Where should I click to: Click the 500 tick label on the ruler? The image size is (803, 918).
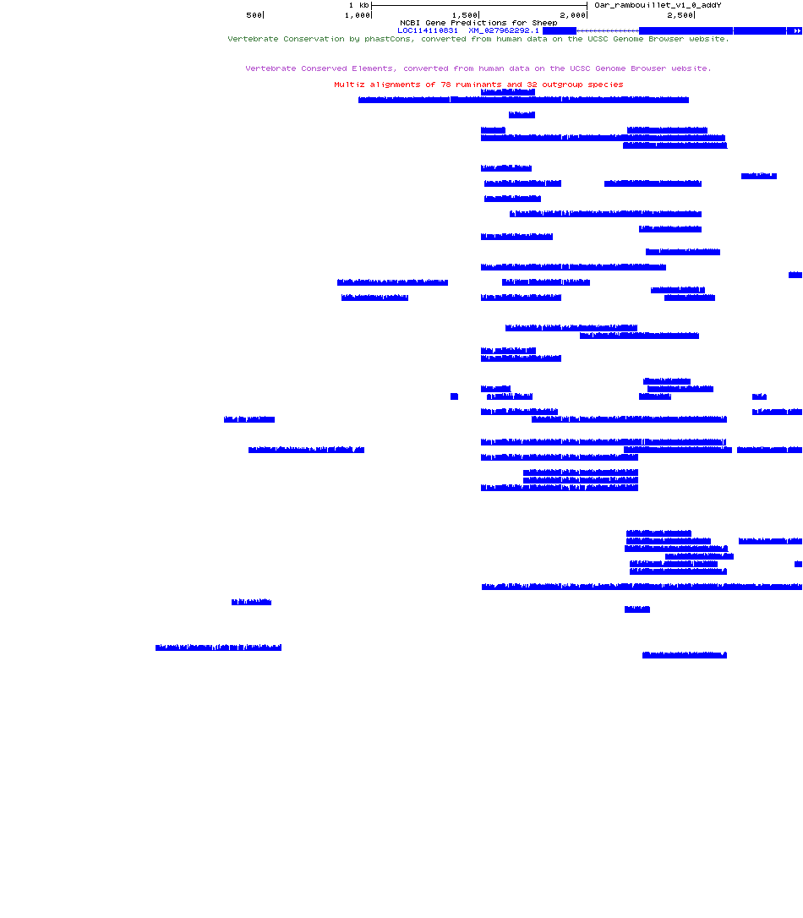[254, 15]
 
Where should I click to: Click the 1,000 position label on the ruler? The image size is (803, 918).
[358, 15]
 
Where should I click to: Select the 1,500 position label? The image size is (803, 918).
[464, 15]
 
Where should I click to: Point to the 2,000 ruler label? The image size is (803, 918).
[572, 15]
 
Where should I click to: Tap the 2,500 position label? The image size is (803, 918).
[680, 15]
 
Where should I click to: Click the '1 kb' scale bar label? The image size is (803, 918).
[358, 5]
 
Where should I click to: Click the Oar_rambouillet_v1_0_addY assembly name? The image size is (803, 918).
[658, 5]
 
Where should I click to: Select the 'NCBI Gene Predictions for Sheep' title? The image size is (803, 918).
[478, 23]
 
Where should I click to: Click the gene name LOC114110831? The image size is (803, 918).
[428, 30]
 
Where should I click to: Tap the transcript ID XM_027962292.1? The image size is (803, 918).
[504, 30]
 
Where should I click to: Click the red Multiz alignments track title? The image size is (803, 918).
[478, 85]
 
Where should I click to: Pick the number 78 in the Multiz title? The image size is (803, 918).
[446, 85]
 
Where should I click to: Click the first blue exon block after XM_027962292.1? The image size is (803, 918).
[560, 30]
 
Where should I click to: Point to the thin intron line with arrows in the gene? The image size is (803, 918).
[607, 30]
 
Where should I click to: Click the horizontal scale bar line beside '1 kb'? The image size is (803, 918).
[478, 5]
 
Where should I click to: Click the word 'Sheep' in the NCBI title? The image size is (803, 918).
[544, 23]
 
